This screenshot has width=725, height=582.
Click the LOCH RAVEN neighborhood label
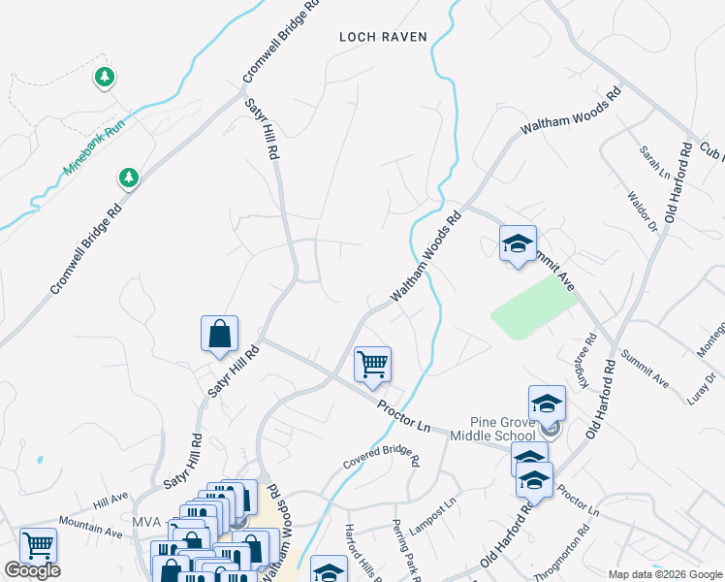point(383,37)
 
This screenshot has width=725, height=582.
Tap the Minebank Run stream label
point(95,147)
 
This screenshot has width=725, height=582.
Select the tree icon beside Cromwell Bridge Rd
point(127,178)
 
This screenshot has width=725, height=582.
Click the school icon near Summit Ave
point(518,242)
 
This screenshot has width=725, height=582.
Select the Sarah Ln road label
point(654,163)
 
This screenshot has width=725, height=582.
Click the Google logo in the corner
point(32,570)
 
